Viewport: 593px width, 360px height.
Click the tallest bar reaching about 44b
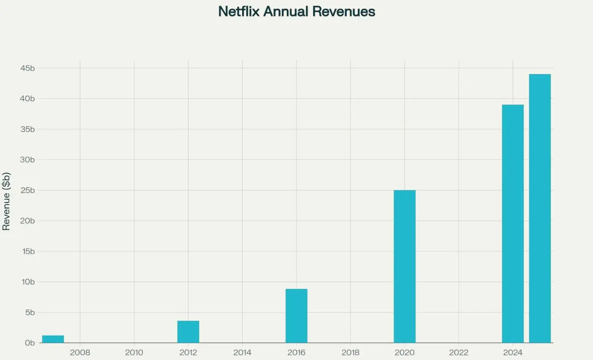click(540, 208)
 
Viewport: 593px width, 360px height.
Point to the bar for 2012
click(188, 332)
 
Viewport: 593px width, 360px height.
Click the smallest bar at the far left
click(53, 339)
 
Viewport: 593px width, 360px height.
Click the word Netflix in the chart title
click(239, 11)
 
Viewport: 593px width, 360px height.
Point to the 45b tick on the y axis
click(27, 68)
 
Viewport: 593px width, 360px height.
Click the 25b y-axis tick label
click(27, 190)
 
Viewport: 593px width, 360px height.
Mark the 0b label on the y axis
click(30, 343)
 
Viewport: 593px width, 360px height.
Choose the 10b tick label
click(27, 282)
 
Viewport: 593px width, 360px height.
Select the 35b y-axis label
click(27, 129)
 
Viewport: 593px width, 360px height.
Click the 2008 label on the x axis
click(80, 353)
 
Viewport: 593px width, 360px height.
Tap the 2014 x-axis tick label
click(242, 353)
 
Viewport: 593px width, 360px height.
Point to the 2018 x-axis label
click(350, 353)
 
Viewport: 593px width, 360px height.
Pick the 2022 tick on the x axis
click(459, 353)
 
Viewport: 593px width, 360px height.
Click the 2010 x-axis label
click(134, 353)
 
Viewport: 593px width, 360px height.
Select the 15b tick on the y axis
click(27, 251)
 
